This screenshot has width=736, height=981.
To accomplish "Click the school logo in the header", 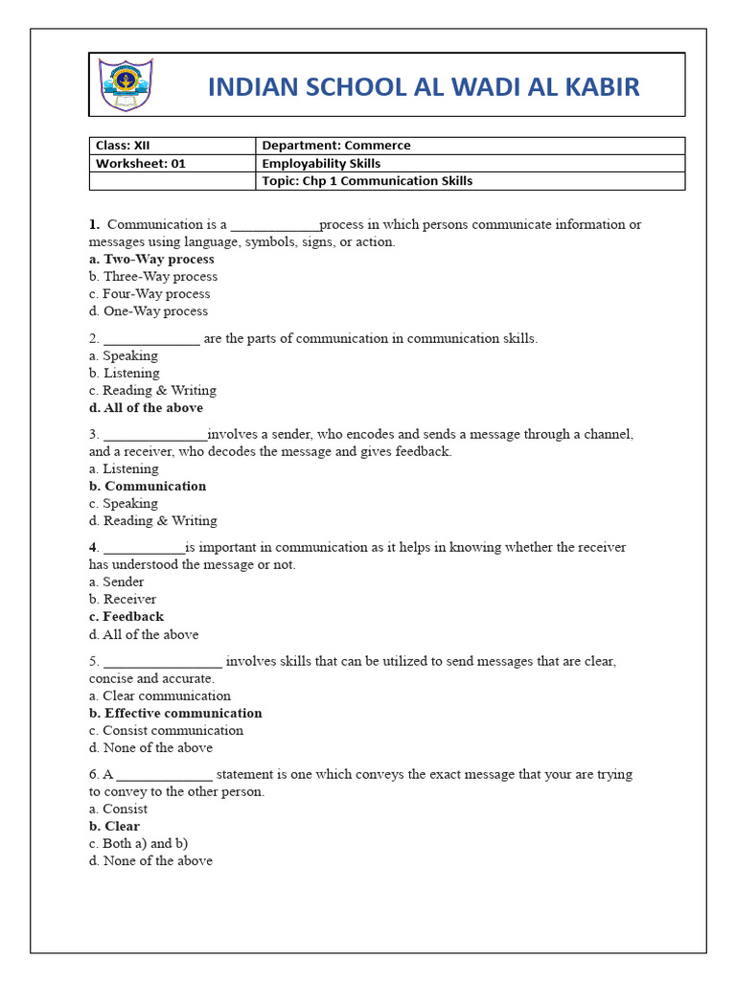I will (x=126, y=85).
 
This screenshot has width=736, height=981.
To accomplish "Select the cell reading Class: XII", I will (x=123, y=146).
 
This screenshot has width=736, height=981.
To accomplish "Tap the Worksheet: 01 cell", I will (x=140, y=164).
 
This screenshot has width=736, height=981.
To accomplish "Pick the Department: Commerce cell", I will (x=335, y=146).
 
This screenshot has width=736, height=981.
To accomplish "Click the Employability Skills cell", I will (x=321, y=164).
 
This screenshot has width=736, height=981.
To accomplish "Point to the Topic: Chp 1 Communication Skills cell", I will (x=367, y=181).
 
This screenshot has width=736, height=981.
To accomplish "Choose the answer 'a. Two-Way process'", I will (x=151, y=260).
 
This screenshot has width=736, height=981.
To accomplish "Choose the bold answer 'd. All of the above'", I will (x=146, y=408).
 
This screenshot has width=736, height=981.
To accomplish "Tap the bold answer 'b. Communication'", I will (x=148, y=487).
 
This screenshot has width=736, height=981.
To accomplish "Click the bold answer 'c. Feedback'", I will (x=126, y=617).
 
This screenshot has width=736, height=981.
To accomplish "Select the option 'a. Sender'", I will (x=116, y=582).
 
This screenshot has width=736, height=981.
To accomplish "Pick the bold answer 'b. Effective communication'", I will (x=175, y=714).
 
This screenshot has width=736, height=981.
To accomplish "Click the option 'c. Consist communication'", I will (x=166, y=731).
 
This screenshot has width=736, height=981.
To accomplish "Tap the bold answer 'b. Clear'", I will (x=114, y=827).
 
